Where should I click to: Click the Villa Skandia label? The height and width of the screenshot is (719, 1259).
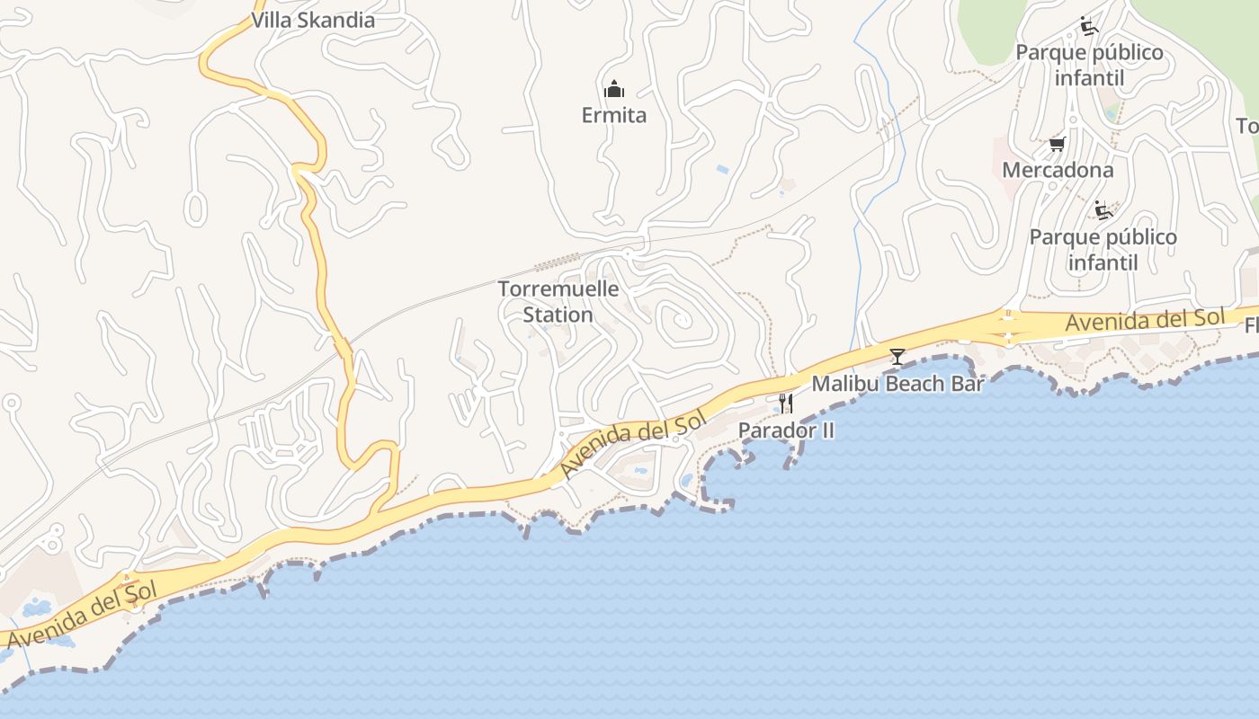coord(313,21)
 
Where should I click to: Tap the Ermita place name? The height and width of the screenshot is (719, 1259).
coord(613,115)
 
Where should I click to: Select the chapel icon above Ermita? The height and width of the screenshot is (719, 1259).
coord(614,89)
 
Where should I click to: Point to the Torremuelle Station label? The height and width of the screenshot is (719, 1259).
coord(558,302)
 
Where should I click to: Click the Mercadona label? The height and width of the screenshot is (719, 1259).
coord(1058,170)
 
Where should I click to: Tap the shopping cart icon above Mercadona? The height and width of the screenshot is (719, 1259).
coord(1058,144)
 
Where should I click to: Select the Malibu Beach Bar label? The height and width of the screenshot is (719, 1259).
coord(897,384)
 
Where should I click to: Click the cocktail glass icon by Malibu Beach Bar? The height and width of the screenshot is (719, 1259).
coord(897,357)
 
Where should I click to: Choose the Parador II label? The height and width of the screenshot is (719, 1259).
coord(786,431)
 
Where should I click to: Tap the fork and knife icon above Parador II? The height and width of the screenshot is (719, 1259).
coord(786,404)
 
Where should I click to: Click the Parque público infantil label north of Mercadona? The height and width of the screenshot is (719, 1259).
coord(1089,65)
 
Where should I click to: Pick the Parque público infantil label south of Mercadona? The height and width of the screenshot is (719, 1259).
coord(1103,250)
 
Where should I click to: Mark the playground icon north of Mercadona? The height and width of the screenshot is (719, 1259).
coord(1089,26)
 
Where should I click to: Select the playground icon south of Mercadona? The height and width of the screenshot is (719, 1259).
coord(1103,210)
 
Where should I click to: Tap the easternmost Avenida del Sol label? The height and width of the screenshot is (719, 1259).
coord(1145,319)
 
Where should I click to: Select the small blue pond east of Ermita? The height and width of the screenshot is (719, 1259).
coord(722,169)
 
